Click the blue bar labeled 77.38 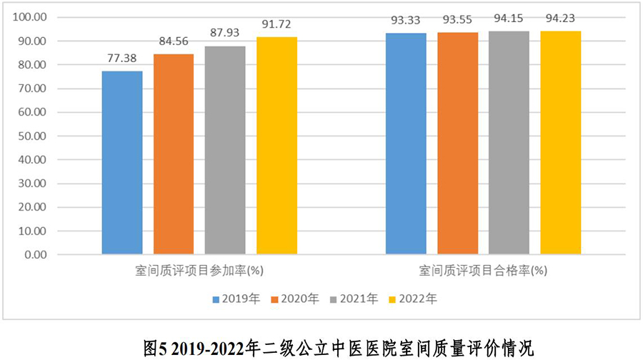[122, 162]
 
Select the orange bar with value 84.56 [174, 154]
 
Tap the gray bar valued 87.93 [225, 150]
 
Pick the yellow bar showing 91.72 [276, 145]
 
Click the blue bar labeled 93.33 [407, 143]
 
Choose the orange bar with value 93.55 [458, 143]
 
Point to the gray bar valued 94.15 [509, 142]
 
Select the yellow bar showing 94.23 [561, 142]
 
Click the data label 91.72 [276, 24]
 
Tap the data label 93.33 [407, 19]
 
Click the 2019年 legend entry [236, 299]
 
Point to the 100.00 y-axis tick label [31, 17]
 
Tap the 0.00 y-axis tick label [36, 254]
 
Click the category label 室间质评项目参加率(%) [199, 271]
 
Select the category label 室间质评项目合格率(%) [484, 271]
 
